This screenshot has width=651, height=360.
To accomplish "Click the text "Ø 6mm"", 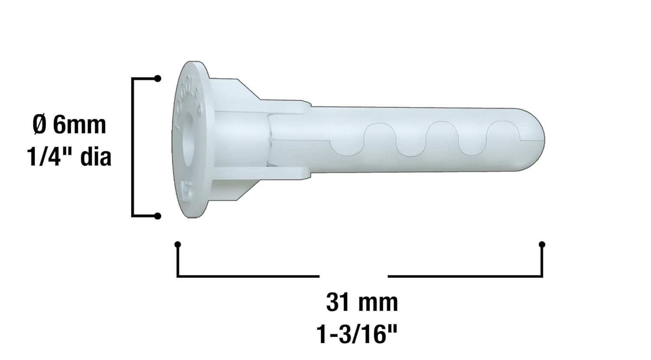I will tap(69, 125).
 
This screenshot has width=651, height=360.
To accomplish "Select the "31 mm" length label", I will tap(362, 302).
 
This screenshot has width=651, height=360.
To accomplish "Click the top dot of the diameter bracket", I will tap(158, 79).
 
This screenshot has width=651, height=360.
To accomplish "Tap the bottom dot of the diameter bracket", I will tap(158, 216).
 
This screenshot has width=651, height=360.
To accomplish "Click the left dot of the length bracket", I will tap(178, 245).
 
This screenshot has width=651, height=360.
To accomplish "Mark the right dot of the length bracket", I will tap(542, 245).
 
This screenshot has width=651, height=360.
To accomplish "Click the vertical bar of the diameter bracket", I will tap(132, 147).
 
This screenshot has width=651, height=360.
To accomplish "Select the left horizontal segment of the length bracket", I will tap(247, 276).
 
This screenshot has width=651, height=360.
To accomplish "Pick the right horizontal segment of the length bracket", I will tap(464, 276).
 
